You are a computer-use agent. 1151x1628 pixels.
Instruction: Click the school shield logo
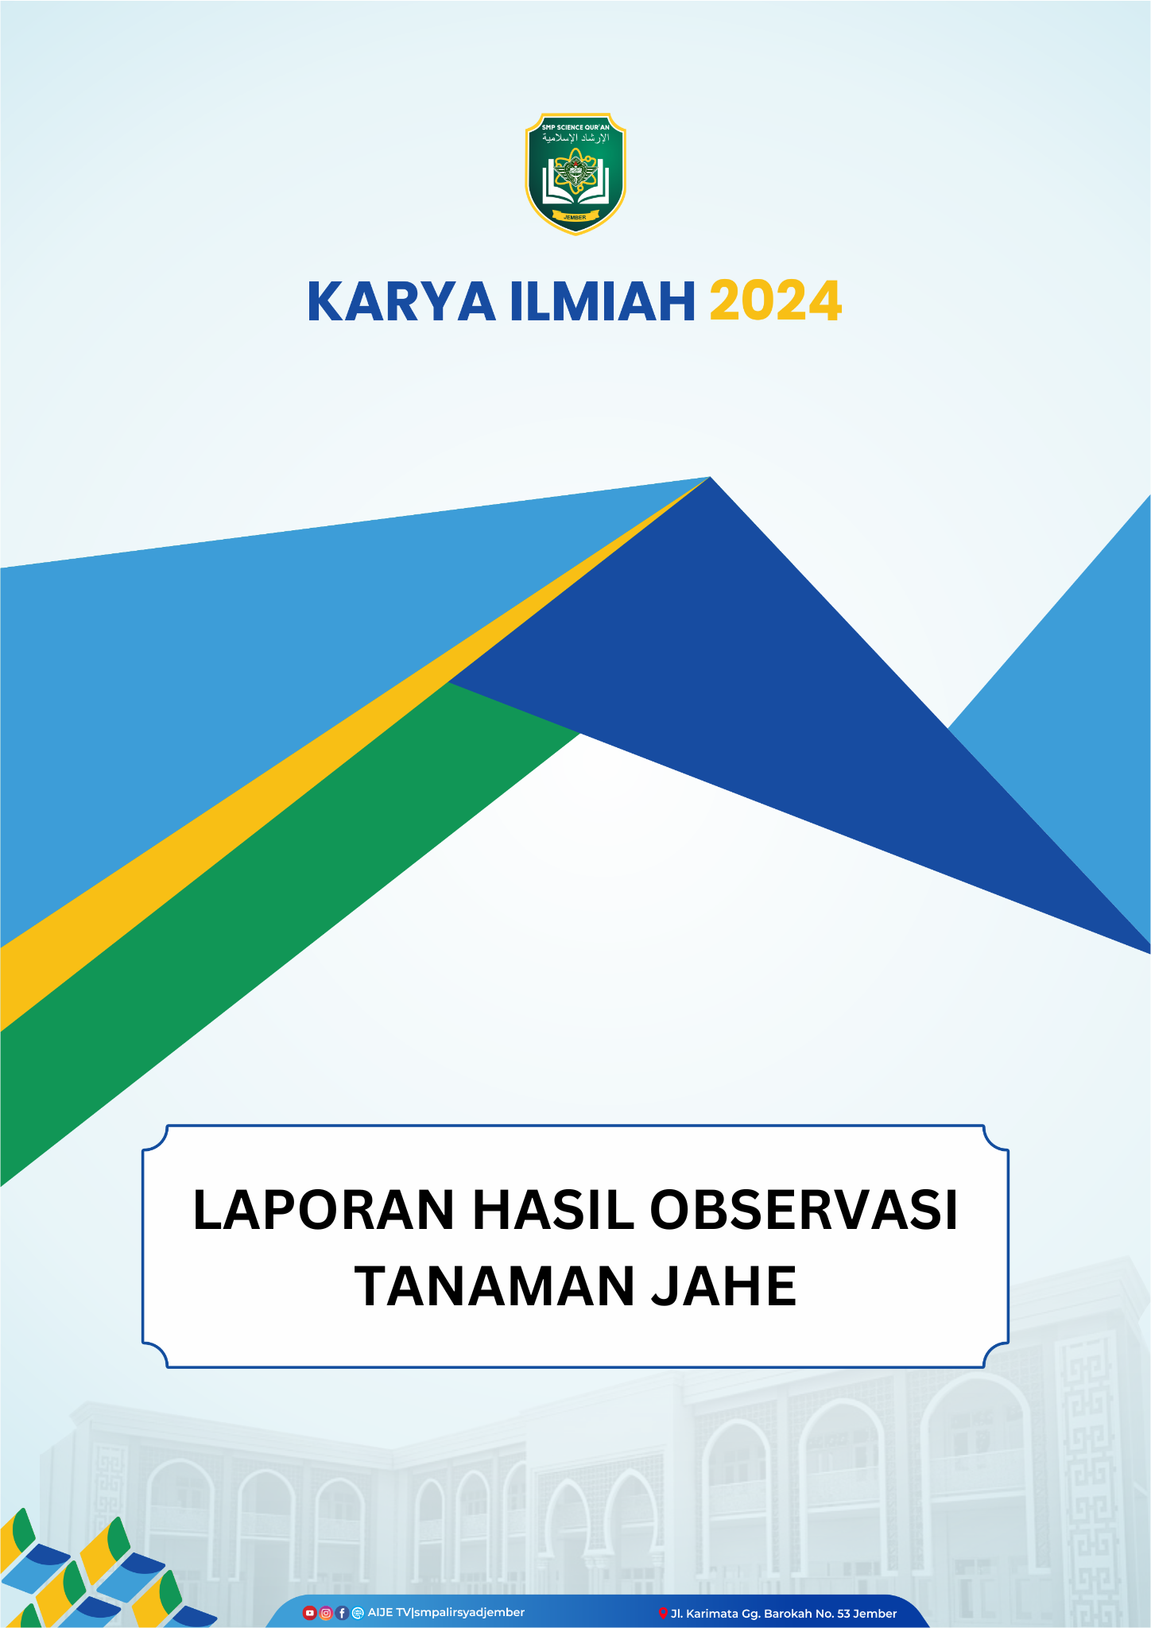click(x=575, y=174)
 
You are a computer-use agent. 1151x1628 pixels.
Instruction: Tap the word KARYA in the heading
click(x=401, y=302)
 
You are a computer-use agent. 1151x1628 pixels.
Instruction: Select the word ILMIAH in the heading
click(x=603, y=302)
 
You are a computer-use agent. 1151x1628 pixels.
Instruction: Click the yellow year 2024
click(x=775, y=302)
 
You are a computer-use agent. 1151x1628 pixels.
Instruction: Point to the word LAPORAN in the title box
click(x=324, y=1211)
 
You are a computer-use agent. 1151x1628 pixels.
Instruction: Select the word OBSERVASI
click(x=804, y=1211)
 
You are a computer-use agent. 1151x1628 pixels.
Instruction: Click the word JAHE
click(x=724, y=1287)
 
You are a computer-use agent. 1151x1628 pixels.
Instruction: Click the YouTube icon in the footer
click(x=310, y=1613)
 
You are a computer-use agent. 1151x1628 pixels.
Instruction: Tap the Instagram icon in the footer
click(x=326, y=1613)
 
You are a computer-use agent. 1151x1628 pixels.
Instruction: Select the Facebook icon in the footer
click(x=342, y=1613)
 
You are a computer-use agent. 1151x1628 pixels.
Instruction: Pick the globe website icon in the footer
click(x=358, y=1613)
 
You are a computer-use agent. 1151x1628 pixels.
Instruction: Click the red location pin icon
click(x=663, y=1613)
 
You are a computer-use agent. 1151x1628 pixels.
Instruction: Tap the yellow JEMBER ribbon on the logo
click(x=575, y=217)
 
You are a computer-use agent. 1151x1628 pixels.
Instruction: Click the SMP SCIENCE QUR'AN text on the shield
click(x=575, y=127)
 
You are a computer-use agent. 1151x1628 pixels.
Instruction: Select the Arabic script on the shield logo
click(x=575, y=138)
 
